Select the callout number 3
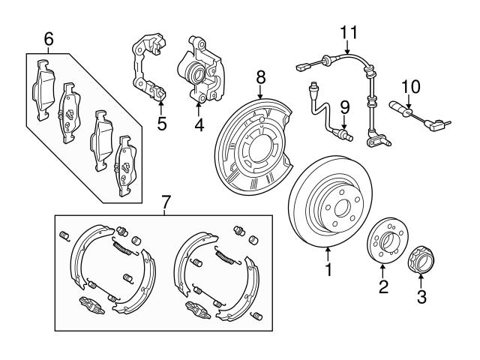click(421, 298)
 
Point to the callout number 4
click(199, 124)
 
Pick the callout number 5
click(161, 124)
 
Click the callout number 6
click(49, 37)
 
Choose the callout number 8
click(260, 76)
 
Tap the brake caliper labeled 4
click(198, 75)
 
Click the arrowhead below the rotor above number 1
click(328, 250)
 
